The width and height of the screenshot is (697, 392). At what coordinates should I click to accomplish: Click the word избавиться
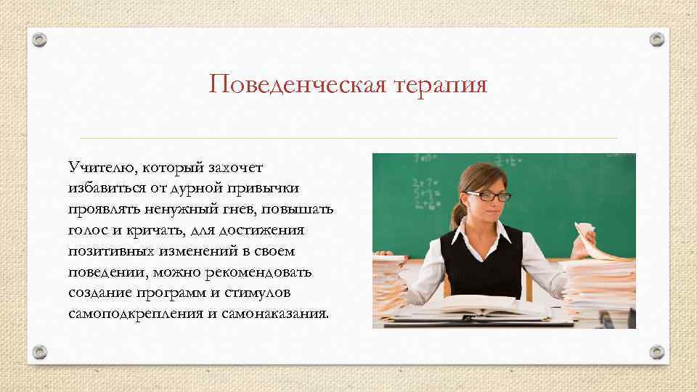click(104, 188)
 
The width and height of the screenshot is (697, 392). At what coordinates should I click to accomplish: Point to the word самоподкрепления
click(131, 314)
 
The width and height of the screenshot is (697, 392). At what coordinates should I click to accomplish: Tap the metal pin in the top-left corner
click(41, 41)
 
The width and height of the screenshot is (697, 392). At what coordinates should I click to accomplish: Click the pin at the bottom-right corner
click(656, 351)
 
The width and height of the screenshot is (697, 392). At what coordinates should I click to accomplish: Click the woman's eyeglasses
click(481, 195)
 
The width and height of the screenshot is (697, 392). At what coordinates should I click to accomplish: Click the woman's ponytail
click(456, 216)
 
